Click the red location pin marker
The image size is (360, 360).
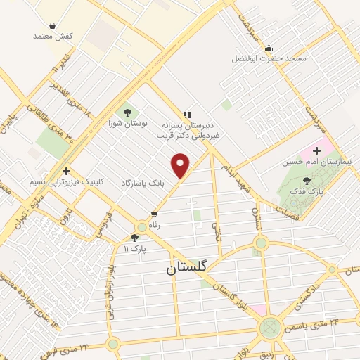click(181, 165)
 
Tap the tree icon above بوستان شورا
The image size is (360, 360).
click(127, 110)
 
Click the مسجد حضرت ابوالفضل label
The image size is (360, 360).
click(269, 58)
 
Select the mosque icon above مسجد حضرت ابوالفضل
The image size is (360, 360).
click(269, 47)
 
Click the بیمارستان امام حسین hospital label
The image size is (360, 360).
click(316, 162)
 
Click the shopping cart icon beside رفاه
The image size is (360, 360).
click(154, 214)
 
